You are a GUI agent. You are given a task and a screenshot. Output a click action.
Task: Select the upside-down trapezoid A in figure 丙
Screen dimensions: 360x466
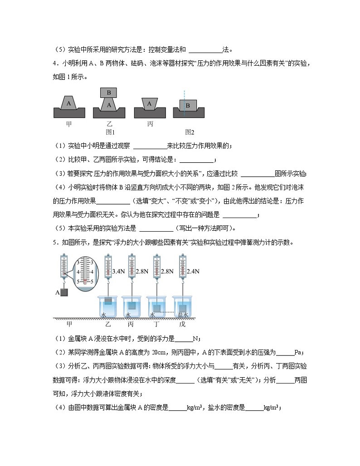pyautogui.click(x=149, y=103)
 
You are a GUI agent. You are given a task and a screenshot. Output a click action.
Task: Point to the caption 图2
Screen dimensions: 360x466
pyautogui.click(x=190, y=132)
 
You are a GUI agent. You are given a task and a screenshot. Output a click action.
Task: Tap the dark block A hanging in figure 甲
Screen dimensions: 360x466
pyautogui.click(x=65, y=292)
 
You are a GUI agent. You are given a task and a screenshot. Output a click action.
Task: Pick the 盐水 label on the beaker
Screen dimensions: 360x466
pyautogui.click(x=182, y=315)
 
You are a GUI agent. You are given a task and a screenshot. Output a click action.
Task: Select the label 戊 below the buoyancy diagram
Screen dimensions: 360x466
pyautogui.click(x=182, y=324)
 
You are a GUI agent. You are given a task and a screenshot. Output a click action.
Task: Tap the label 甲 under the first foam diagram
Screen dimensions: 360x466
pyautogui.click(x=69, y=123)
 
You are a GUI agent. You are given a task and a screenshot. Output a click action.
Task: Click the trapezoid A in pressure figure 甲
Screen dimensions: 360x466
pyautogui.click(x=69, y=103)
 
